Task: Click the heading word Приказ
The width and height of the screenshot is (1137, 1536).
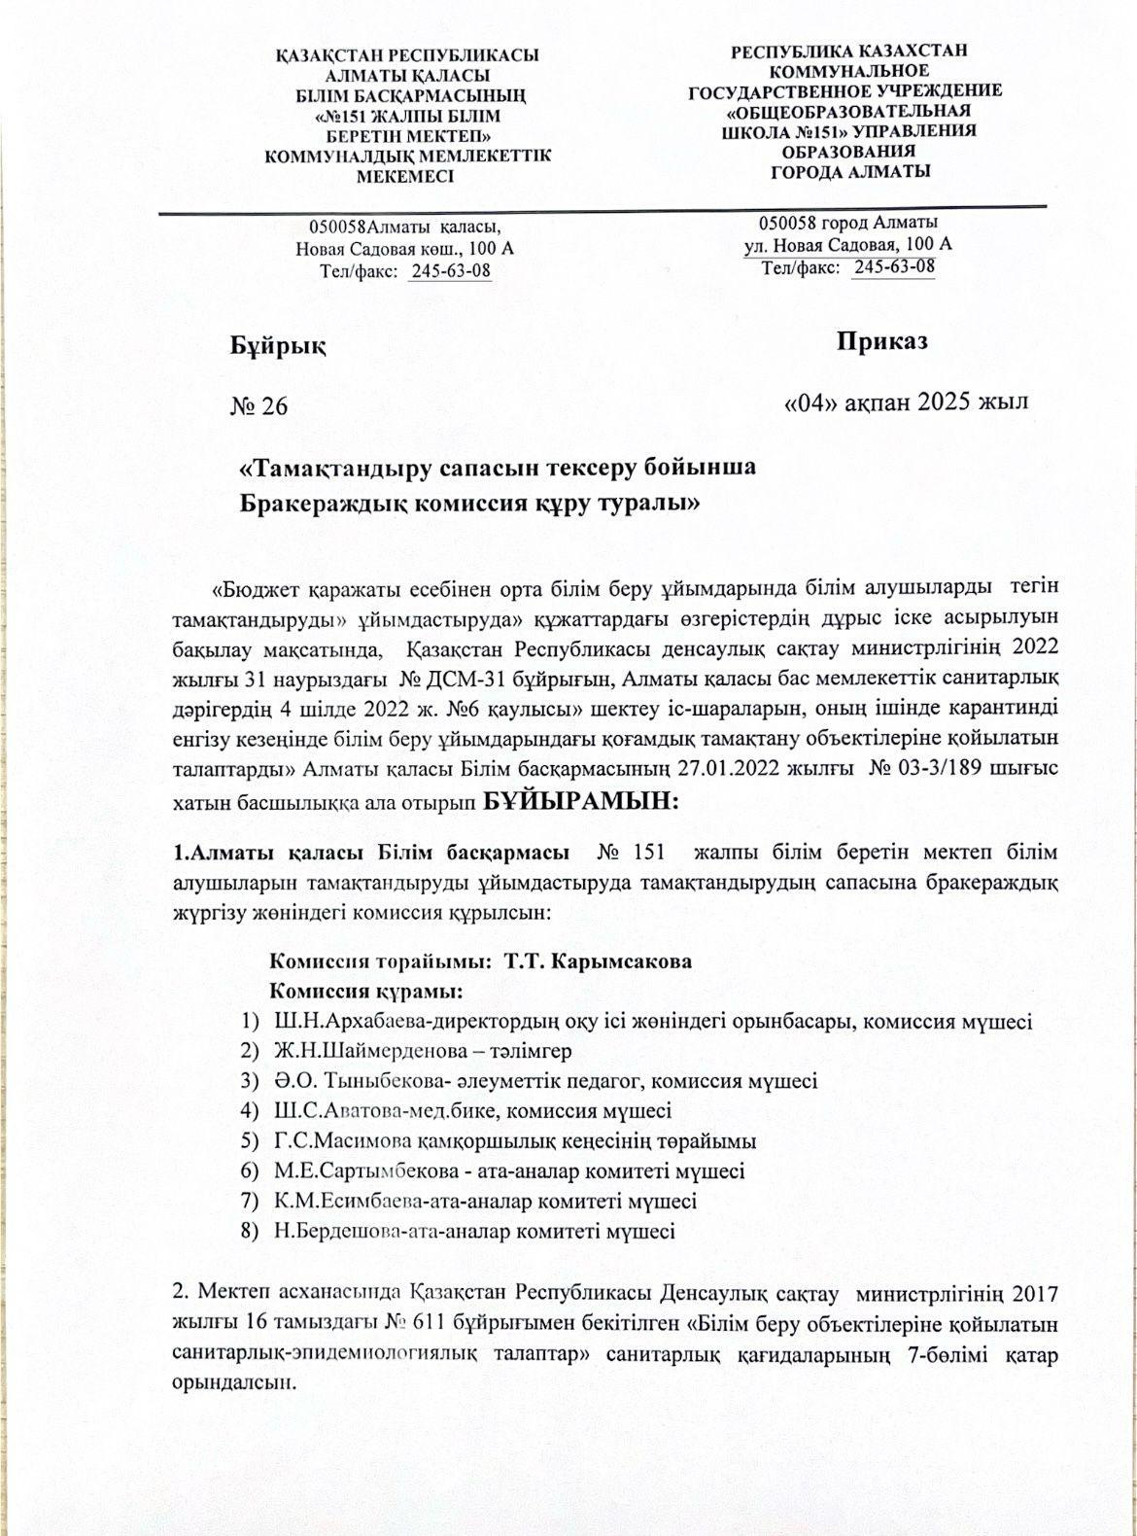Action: pos(881,341)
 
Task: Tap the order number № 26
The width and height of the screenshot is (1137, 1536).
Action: pos(258,405)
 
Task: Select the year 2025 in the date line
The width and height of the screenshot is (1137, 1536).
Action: pos(945,401)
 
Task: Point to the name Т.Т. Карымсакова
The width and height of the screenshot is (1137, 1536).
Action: pos(598,961)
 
